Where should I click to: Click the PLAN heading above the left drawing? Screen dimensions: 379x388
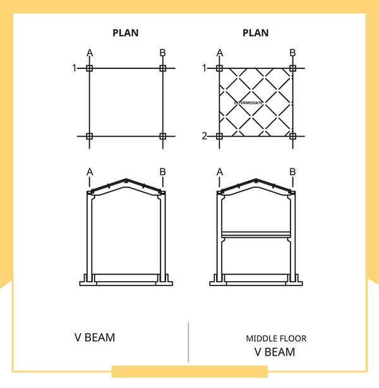pos(126,33)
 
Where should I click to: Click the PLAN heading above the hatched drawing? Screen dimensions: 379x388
pos(256,33)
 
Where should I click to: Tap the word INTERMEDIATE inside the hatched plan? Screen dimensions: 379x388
pos(248,103)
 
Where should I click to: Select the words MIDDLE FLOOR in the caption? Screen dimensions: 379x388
pos(276,339)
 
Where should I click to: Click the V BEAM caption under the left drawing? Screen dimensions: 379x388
pos(95,337)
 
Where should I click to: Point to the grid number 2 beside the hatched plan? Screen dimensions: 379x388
pos(205,136)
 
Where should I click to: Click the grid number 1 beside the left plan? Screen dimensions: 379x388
pos(75,68)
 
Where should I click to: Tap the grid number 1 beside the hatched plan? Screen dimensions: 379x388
pos(204,68)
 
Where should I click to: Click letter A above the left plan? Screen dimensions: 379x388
pos(90,53)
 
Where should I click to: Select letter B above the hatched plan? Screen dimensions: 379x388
pos(292,53)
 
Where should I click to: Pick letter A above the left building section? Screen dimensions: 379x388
pos(90,172)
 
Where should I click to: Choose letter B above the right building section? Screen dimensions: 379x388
pos(292,172)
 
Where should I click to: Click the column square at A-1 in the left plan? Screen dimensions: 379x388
pos(89,68)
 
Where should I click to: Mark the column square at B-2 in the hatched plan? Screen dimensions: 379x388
pos(292,136)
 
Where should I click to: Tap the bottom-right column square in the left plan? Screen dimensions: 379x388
pos(163,136)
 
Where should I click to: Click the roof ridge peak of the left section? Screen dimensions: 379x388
pos(126,179)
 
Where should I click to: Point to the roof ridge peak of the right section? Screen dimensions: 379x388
pos(256,179)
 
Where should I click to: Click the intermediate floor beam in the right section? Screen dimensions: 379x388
pos(256,235)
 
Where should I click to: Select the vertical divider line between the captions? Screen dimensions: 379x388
pos(188,342)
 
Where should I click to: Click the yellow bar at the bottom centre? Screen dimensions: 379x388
pos(189,372)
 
